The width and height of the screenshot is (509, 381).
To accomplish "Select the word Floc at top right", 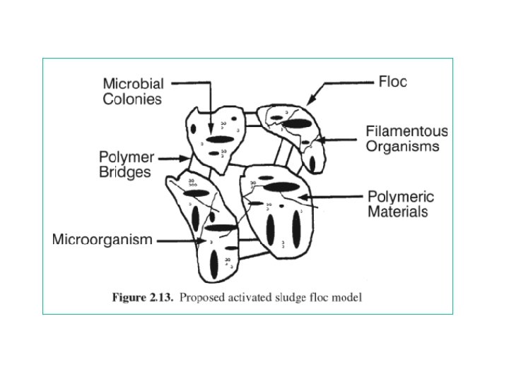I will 393,82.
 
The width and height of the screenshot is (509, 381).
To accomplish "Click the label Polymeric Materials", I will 401,204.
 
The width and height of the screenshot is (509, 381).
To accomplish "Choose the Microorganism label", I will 103,240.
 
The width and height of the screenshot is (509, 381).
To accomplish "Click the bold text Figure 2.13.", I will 142,297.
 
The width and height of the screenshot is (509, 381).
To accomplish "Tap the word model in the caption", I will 347,297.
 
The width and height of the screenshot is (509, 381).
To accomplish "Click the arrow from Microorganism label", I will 180,241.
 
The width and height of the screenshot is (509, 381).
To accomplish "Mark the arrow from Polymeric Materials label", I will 332,198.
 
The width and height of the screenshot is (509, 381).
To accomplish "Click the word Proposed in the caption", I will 201,297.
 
